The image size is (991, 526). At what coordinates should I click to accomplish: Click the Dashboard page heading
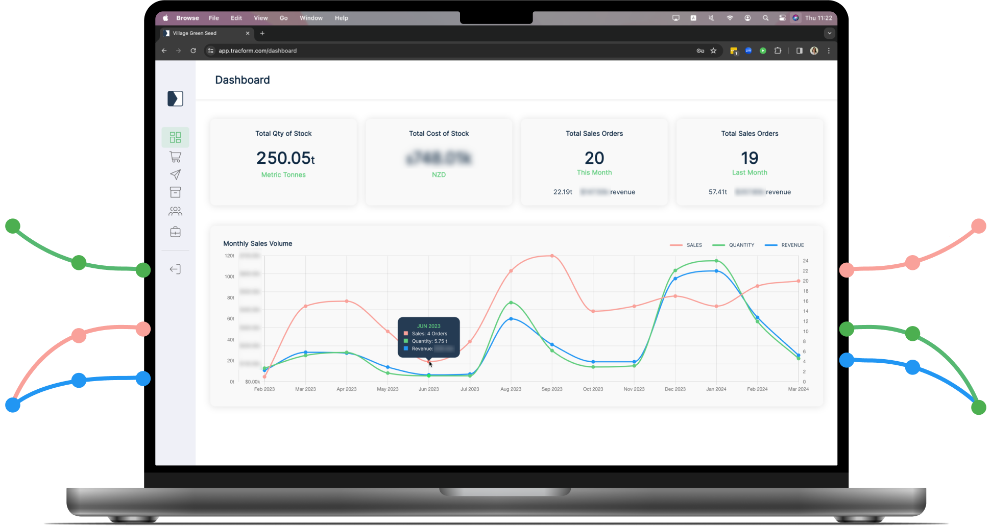[x=242, y=80]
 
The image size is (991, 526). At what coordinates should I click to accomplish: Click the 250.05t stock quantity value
[x=285, y=158]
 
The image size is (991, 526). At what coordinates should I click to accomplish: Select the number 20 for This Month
[x=594, y=158]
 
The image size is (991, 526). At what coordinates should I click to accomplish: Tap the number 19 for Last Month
[x=749, y=158]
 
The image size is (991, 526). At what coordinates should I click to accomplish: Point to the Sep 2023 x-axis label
[x=551, y=389]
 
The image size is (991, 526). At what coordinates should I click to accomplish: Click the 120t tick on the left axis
[x=229, y=256]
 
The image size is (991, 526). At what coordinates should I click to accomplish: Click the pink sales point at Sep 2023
[x=552, y=256]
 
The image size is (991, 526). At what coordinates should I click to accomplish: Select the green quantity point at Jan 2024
[x=716, y=261]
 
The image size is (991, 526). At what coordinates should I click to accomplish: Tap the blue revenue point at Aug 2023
[x=511, y=319]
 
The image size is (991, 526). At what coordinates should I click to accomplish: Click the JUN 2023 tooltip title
[x=428, y=326]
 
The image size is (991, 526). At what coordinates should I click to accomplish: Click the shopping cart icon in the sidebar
[x=175, y=157]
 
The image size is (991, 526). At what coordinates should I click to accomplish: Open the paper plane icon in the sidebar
[x=175, y=174]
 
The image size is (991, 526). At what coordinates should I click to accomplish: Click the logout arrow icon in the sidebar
[x=175, y=269]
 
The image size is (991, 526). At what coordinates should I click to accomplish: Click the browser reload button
[x=193, y=51]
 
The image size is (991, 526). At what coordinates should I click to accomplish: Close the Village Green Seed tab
[x=248, y=33]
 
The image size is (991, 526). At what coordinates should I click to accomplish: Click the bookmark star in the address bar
[x=713, y=51]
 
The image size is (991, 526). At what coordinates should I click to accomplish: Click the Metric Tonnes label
[x=283, y=174]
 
